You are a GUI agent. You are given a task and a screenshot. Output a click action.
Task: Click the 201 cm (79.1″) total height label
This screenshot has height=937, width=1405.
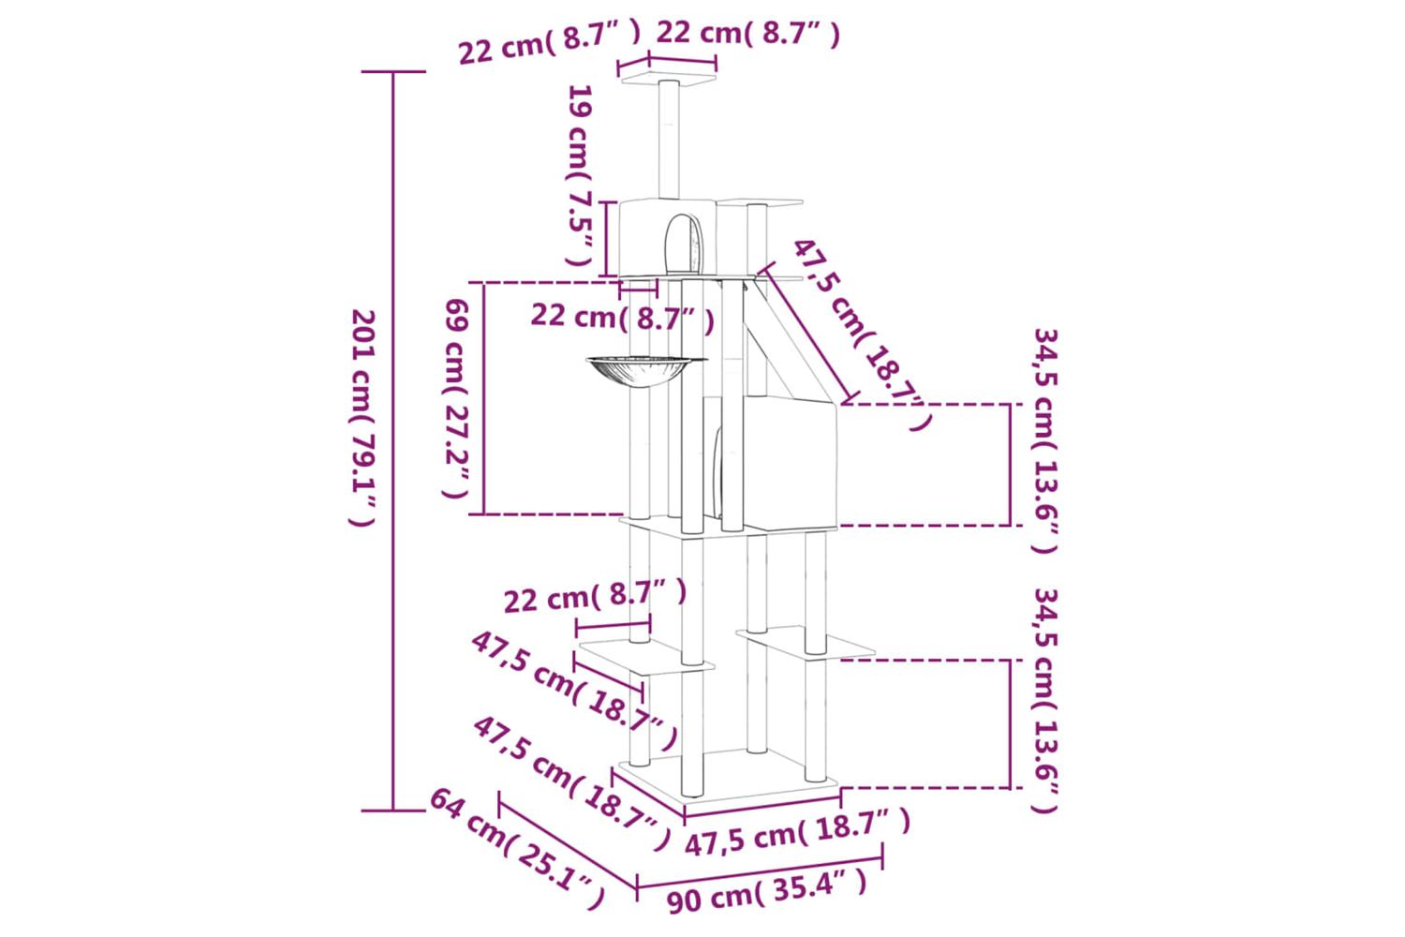[363, 417]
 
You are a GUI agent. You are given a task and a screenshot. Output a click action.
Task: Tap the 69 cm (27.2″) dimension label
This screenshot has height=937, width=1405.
[457, 398]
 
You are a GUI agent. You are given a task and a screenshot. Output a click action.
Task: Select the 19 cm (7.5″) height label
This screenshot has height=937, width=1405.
[580, 174]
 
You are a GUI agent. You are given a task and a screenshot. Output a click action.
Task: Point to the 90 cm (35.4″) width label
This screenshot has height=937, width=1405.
[766, 892]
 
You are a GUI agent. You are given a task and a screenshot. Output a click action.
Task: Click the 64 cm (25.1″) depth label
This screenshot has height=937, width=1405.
[517, 848]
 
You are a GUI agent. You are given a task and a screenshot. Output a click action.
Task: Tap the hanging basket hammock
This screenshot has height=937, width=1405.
[646, 372]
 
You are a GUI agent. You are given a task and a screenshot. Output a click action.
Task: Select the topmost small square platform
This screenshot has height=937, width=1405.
[668, 81]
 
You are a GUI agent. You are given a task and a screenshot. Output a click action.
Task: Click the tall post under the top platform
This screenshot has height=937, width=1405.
[669, 140]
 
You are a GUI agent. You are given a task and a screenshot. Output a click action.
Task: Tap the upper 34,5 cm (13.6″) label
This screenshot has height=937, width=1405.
[1045, 440]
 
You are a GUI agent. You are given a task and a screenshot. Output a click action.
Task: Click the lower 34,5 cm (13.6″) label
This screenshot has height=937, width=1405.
[1045, 700]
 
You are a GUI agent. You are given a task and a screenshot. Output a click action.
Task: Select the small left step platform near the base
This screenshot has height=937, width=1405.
[646, 657]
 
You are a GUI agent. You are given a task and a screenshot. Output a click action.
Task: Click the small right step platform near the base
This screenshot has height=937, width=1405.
[806, 642]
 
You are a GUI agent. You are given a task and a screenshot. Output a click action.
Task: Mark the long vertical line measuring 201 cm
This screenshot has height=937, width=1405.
[393, 441]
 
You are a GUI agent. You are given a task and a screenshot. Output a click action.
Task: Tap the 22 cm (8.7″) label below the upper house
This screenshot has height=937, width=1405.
[622, 318]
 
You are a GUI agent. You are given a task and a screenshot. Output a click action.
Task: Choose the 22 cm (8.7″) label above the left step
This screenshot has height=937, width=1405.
[595, 596]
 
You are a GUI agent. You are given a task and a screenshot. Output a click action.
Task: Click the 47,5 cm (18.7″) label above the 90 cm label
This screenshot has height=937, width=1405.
[796, 831]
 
